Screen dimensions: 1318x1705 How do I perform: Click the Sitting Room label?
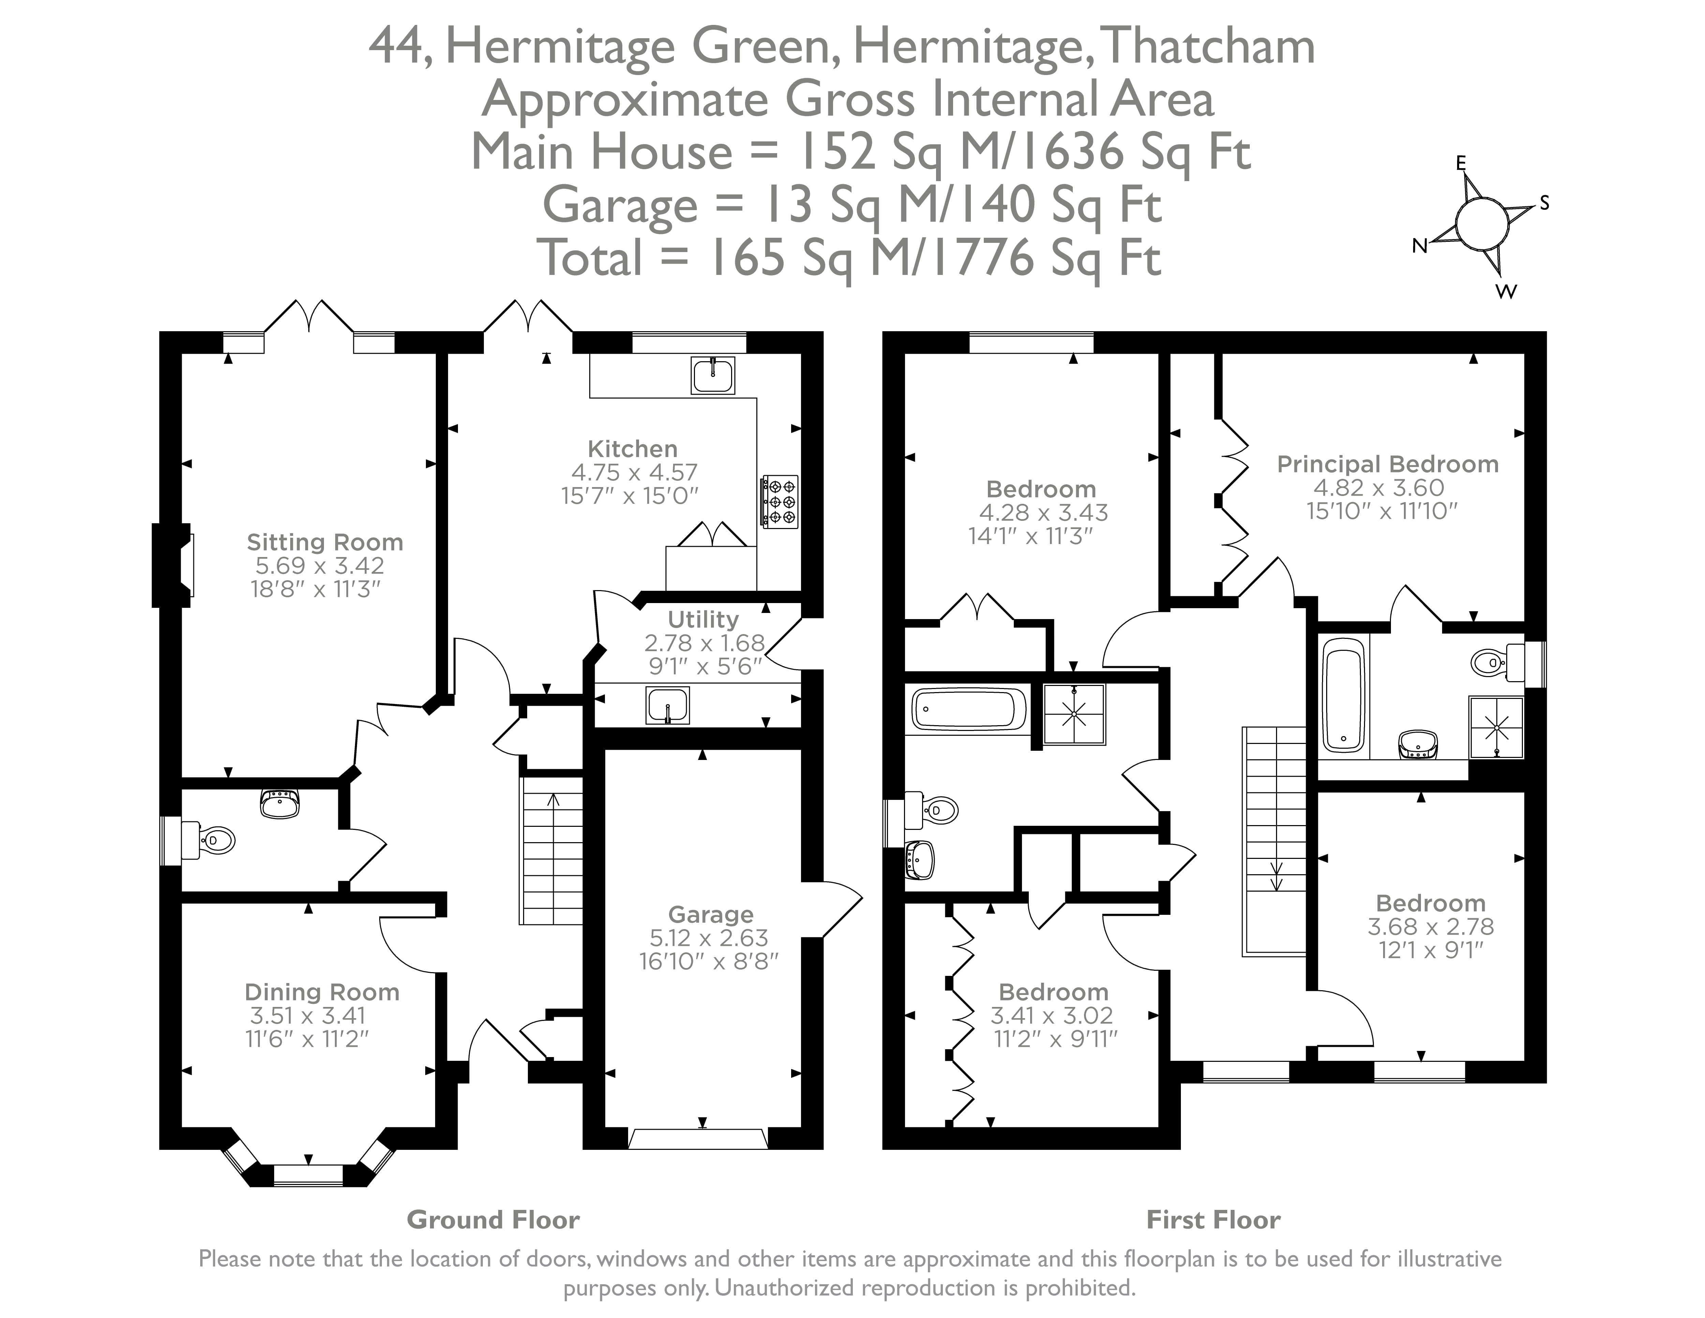coord(325,542)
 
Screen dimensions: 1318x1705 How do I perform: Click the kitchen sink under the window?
coord(712,376)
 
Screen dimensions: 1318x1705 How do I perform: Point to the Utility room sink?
coord(667,705)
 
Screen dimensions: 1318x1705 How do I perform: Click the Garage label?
coord(710,914)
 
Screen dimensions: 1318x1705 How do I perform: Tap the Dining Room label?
coord(322,992)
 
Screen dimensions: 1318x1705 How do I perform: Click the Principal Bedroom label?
coord(1387,464)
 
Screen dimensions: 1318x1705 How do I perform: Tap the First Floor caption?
coord(1213,1220)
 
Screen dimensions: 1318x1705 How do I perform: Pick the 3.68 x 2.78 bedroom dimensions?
coord(1430,927)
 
